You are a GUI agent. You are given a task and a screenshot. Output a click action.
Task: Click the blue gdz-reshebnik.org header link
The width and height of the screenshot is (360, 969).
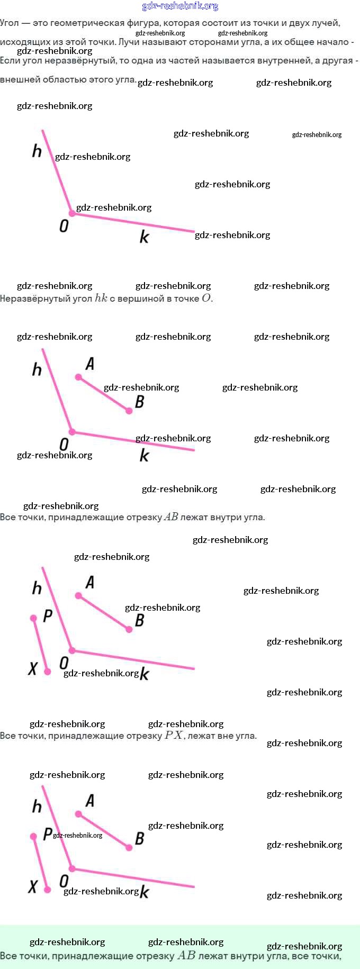pyautogui.click(x=180, y=6)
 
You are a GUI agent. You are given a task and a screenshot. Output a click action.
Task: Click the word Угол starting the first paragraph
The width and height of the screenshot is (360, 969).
pyautogui.click(x=10, y=23)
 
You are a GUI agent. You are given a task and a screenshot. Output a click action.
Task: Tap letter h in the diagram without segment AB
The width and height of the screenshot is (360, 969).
pyautogui.click(x=37, y=151)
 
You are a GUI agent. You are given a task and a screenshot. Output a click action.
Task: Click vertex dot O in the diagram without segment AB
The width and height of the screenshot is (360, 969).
pyautogui.click(x=72, y=213)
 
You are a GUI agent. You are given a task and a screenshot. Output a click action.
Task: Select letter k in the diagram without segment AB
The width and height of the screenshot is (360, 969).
pyautogui.click(x=144, y=237)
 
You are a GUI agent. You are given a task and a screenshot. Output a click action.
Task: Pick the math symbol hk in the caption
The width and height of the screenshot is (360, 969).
pyautogui.click(x=101, y=298)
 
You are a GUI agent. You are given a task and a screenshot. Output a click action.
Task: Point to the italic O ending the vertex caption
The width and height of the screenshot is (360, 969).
pyautogui.click(x=206, y=298)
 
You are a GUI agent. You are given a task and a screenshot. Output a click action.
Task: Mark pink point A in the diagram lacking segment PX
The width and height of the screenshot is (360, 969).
pyautogui.click(x=78, y=377)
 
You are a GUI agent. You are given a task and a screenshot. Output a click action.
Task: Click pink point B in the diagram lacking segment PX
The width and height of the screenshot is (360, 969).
pyautogui.click(x=129, y=411)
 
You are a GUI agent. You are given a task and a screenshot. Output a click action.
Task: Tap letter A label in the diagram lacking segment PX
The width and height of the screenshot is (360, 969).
pyautogui.click(x=90, y=364)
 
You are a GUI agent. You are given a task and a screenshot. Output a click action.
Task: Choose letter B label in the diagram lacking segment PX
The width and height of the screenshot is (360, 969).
pyautogui.click(x=140, y=402)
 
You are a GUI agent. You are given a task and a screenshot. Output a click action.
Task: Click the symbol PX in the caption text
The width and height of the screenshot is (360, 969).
pyautogui.click(x=174, y=735)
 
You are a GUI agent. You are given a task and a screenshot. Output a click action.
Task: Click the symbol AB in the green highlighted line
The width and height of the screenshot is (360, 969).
pyautogui.click(x=186, y=956)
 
